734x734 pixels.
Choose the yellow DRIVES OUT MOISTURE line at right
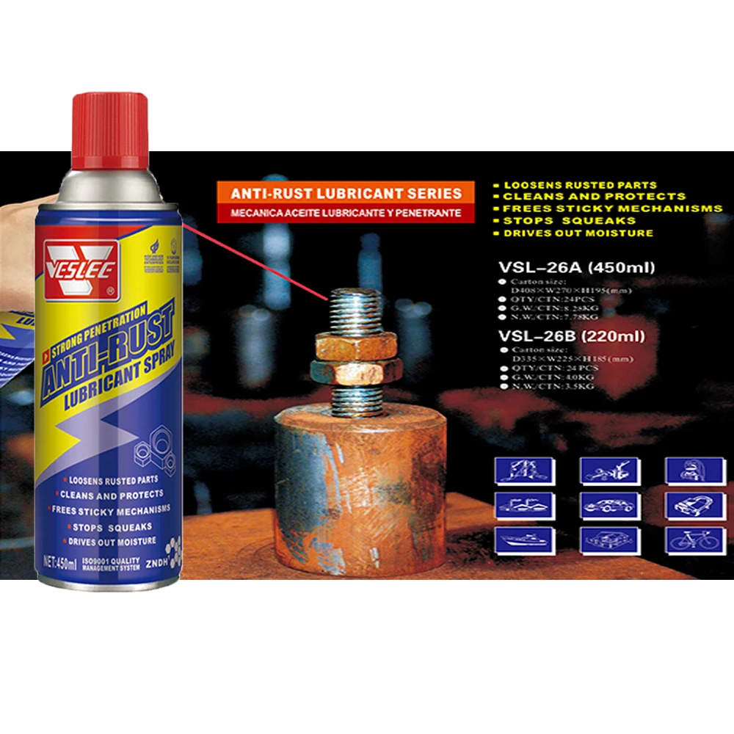click(577, 233)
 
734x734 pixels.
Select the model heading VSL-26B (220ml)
click(572, 336)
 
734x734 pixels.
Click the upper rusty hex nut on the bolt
click(356, 344)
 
